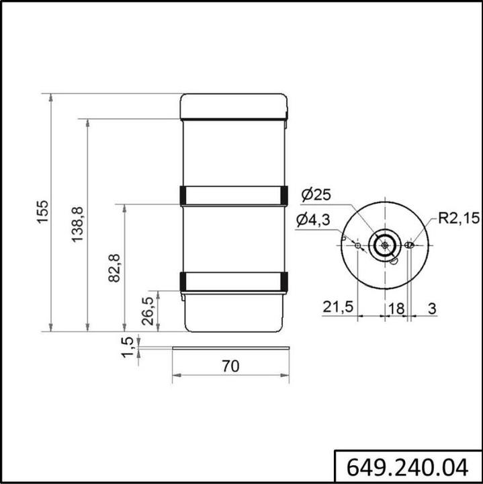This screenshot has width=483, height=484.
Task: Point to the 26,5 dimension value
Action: tap(148, 311)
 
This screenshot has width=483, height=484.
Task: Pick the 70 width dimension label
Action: tap(230, 366)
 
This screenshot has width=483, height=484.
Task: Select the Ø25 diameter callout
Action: tap(316, 195)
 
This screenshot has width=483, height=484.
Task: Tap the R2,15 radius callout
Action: tap(459, 218)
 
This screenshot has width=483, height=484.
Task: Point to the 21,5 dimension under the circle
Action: tap(338, 307)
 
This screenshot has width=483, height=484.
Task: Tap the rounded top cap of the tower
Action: tap(234, 106)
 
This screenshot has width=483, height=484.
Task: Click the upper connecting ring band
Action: tap(234, 195)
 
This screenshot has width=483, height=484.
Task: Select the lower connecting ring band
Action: tap(234, 282)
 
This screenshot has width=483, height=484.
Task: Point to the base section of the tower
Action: tap(234, 312)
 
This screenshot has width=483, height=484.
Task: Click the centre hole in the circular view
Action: tap(384, 245)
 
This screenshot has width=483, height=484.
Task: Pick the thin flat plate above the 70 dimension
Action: tap(230, 348)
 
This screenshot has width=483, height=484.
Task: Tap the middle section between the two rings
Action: tap(234, 239)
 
